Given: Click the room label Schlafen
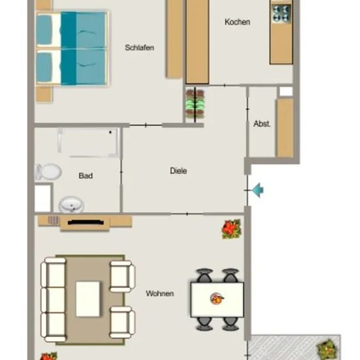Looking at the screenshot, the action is [139, 48].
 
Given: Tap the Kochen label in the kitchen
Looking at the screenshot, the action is [237, 22].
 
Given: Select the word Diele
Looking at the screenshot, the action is [179, 171].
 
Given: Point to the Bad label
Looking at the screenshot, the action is [86, 176].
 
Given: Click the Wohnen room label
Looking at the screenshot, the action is [160, 293].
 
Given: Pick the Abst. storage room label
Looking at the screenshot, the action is [262, 124].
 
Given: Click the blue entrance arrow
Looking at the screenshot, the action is [258, 190].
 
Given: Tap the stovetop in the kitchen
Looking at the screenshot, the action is [281, 14].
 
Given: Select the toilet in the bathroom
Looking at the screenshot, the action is [48, 171].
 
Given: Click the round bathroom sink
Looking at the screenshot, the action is [71, 204].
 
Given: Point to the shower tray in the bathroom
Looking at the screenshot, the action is [88, 143].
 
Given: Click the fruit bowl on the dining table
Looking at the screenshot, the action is [217, 298].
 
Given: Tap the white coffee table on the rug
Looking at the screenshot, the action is [88, 299].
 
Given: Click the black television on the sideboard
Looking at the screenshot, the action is [86, 223].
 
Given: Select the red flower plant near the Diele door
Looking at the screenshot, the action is [232, 229].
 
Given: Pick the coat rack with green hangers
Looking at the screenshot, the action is [195, 105].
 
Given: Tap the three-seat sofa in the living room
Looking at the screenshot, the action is [53, 300].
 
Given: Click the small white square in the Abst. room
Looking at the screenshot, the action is [286, 92].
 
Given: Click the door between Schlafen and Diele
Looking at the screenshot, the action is [146, 125].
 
